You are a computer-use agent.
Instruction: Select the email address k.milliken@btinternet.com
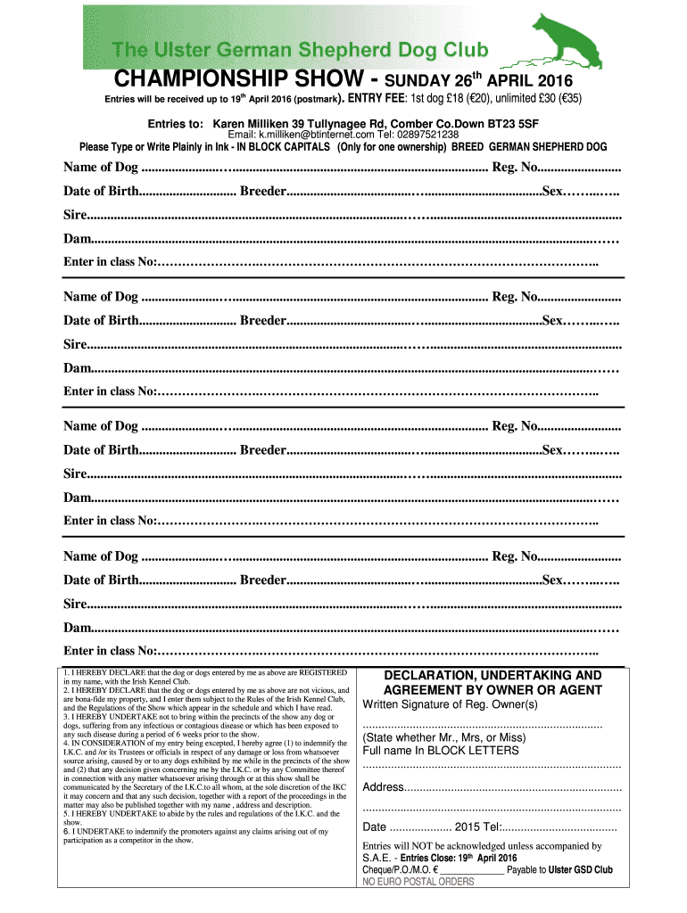309,135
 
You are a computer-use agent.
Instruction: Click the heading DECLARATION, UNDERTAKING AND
492,676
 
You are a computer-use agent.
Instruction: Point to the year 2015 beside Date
468,827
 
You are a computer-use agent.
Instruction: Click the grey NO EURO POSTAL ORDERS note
418,882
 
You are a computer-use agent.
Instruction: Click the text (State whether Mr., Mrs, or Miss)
443,737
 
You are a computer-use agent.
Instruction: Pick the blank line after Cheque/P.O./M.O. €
471,870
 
